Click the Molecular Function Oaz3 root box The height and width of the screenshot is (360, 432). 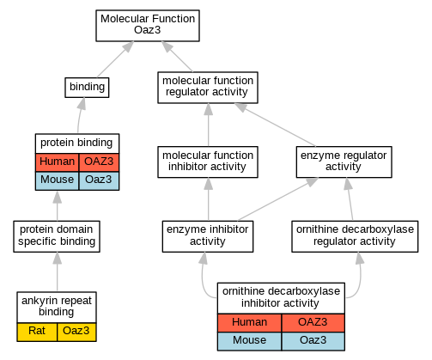click(148, 26)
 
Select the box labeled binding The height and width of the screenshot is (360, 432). click(87, 88)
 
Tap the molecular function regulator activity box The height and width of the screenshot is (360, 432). click(208, 88)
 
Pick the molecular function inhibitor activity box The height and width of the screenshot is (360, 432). click(208, 162)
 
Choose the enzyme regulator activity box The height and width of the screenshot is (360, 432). click(344, 162)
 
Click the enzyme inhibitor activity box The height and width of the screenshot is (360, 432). click(208, 236)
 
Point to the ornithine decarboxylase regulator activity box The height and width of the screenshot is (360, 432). click(355, 236)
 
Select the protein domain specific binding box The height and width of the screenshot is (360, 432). click(57, 236)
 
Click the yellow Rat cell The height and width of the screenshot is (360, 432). click(37, 332)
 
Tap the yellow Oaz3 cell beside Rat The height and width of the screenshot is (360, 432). click(76, 332)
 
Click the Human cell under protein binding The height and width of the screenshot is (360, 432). click(57, 162)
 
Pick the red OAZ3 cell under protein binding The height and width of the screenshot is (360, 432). click(99, 162)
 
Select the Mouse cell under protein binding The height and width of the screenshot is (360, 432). click(57, 180)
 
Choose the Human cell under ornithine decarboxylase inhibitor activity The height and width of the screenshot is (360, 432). click(249, 323)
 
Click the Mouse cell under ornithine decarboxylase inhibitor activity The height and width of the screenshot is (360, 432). click(249, 341)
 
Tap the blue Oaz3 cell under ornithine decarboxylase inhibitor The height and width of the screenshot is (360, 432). click(313, 341)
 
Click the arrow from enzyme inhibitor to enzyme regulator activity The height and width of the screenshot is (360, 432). click(277, 199)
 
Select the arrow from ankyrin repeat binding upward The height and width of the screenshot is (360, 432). click(58, 272)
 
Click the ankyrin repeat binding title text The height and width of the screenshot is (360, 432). click(57, 306)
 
